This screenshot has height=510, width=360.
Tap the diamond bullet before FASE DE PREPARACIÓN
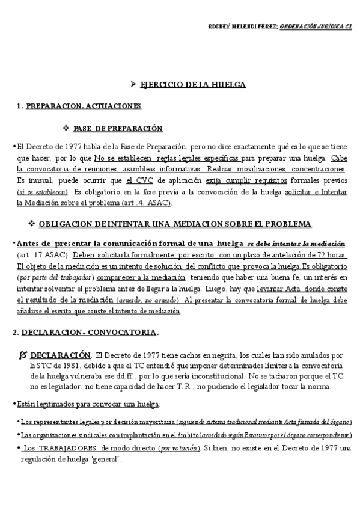66,128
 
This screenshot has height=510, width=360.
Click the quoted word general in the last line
106,459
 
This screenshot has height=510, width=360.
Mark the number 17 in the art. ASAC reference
38,255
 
